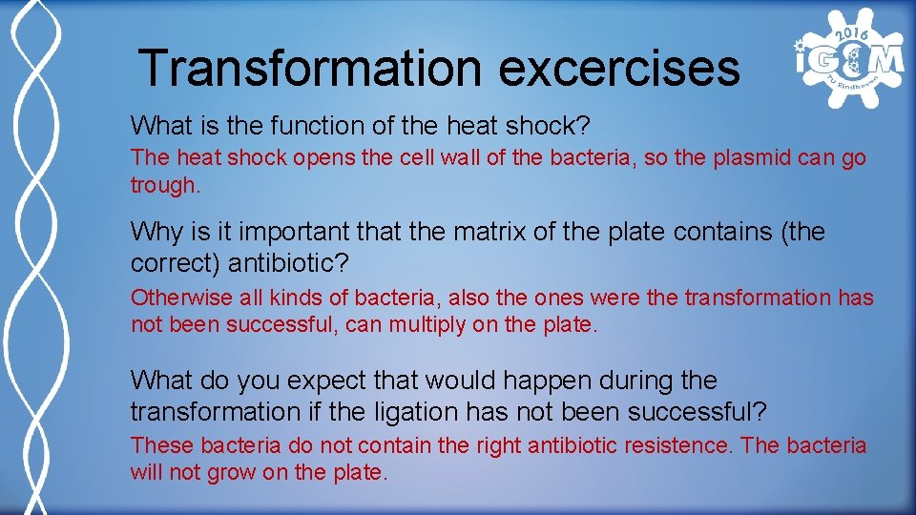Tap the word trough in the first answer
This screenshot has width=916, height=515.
click(x=163, y=185)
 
